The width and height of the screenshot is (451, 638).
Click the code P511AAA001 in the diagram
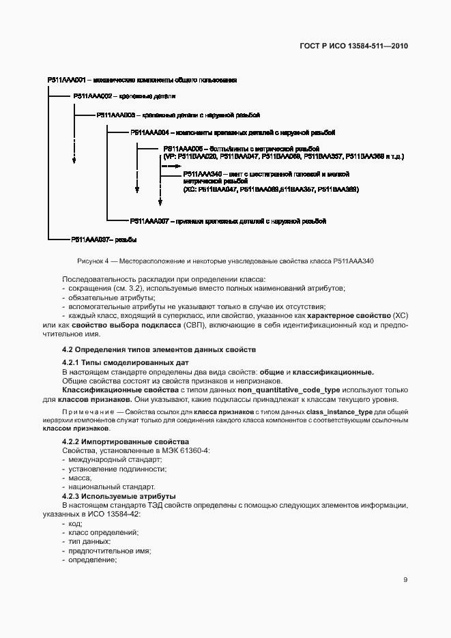point(65,80)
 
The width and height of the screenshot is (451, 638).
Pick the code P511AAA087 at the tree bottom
point(89,240)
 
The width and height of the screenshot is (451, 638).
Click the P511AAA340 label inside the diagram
point(203,175)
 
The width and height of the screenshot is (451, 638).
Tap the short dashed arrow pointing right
point(171,165)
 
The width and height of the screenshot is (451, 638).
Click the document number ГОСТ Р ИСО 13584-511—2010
point(360,47)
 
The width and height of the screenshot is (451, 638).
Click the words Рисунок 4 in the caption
point(93,261)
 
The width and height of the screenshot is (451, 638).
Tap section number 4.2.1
point(72,362)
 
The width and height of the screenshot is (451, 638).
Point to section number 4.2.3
point(72,496)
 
